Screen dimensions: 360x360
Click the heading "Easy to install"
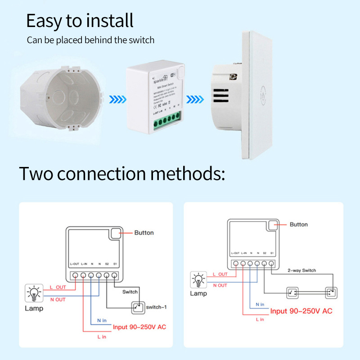[x=80, y=21]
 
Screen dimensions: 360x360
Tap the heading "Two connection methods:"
[x=121, y=173]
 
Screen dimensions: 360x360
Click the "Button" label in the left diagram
[x=144, y=233]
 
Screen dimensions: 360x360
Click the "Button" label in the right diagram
[x=299, y=224]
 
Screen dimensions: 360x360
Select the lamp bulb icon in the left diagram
[x=34, y=293]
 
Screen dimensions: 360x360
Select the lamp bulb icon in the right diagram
[x=198, y=279]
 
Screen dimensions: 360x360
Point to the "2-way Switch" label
[x=302, y=270]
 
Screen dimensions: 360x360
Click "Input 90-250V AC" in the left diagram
[x=139, y=327]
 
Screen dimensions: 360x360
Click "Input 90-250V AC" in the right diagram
[x=301, y=311]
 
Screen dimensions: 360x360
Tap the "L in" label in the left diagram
[x=101, y=337]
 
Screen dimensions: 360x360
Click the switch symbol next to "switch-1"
[x=138, y=307]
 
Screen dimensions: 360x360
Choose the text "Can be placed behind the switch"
[x=90, y=40]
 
